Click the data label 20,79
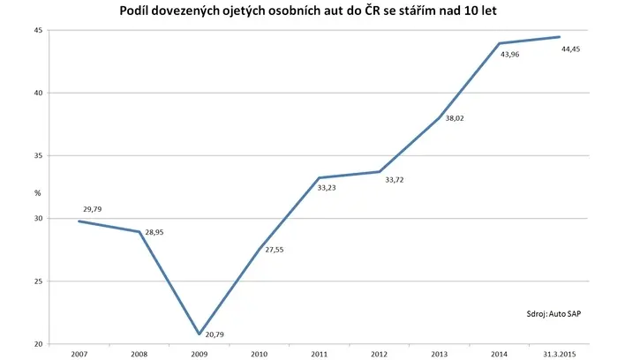click(x=215, y=334)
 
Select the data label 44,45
click(x=570, y=49)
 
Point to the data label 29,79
click(x=92, y=209)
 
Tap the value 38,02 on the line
click(x=455, y=118)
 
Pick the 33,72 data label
click(x=395, y=180)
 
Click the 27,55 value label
click(x=275, y=250)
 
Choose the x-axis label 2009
click(x=200, y=355)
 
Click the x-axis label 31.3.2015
click(x=559, y=355)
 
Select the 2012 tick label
click(x=380, y=355)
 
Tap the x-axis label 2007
click(x=79, y=355)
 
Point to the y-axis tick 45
click(x=38, y=30)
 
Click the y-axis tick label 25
click(x=38, y=281)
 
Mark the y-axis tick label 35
click(x=38, y=156)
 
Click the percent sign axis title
click(x=38, y=193)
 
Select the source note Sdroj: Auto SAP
click(x=553, y=314)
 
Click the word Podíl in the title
click(x=134, y=11)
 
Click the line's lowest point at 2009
click(x=200, y=334)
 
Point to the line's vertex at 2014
click(x=499, y=43)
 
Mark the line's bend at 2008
click(x=139, y=232)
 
